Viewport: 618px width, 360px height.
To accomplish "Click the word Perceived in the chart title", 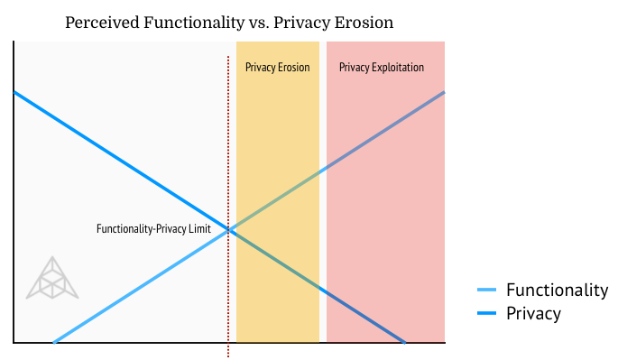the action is (102, 23).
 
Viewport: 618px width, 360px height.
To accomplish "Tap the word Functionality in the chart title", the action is (194, 23).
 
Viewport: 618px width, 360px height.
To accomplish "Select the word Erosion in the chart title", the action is (364, 22).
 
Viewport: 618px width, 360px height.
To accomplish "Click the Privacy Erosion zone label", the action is (278, 67).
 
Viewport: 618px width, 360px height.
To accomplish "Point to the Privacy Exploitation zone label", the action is (382, 67).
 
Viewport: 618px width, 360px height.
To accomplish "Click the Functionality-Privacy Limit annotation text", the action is (153, 228).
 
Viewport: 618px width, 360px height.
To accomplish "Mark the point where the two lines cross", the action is (228, 230).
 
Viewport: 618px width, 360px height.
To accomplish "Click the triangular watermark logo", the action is (52, 278).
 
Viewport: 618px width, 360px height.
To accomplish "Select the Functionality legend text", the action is (558, 290).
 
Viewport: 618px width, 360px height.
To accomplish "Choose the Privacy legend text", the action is (534, 313).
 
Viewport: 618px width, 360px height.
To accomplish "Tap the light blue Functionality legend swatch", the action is (486, 290).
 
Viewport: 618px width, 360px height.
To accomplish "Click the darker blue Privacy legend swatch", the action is (486, 313).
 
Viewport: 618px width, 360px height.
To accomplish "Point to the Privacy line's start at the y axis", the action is (14, 92).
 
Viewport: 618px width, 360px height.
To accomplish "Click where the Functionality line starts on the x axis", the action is (54, 342).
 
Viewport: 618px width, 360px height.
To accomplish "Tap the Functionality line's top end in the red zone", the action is (444, 92).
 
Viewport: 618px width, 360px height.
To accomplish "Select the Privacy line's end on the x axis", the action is (404, 342).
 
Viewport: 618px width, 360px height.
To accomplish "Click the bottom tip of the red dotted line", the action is (228, 356).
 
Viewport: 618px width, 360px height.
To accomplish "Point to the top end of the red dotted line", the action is (228, 57).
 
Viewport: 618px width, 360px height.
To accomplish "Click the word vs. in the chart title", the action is (259, 23).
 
